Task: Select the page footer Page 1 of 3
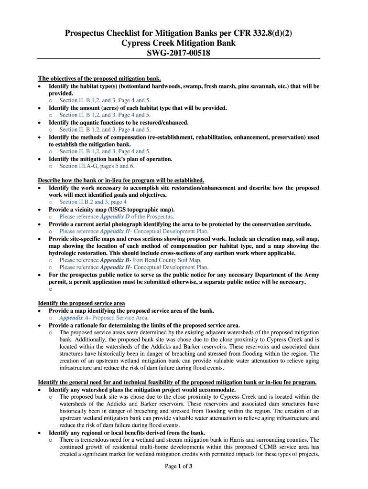pos(178,466)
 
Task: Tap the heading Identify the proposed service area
pos(81,303)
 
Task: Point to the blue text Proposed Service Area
pos(120,318)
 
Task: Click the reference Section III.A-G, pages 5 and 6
pos(97,166)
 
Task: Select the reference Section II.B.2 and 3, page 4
pos(93,202)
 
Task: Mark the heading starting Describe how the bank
pos(121,180)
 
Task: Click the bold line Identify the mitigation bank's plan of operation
pos(110,159)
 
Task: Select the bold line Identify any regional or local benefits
pos(127,433)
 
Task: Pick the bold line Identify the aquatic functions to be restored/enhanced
pos(119,122)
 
